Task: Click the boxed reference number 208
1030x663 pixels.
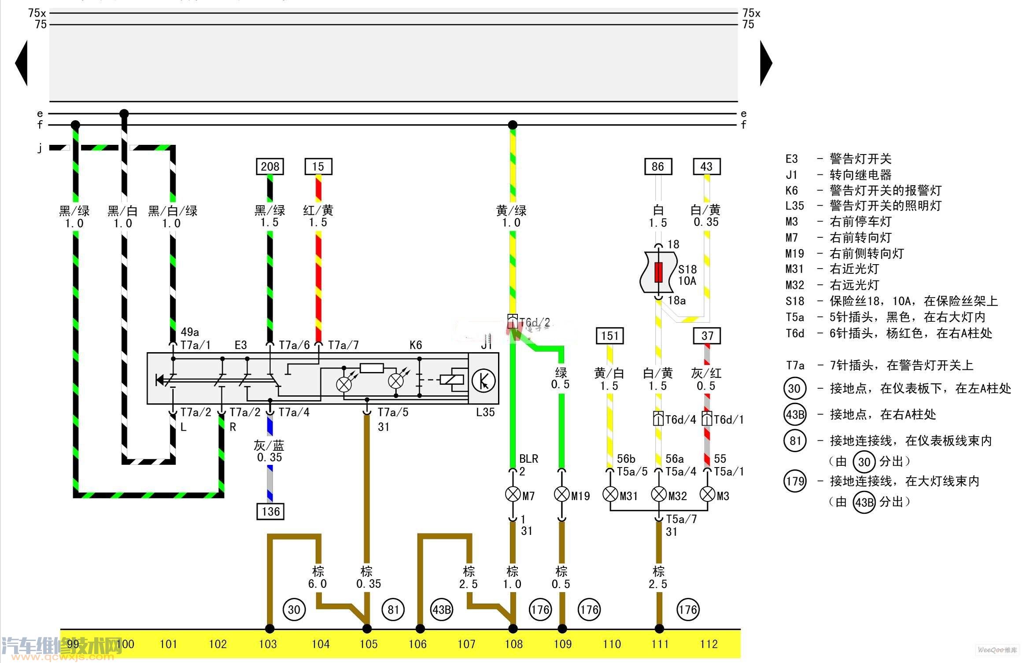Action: pyautogui.click(x=270, y=166)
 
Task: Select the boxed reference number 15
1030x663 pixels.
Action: pyautogui.click(x=318, y=166)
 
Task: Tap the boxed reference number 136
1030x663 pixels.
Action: pyautogui.click(x=270, y=512)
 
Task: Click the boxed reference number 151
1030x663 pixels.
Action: pyautogui.click(x=609, y=336)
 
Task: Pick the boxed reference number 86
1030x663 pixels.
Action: pyautogui.click(x=658, y=166)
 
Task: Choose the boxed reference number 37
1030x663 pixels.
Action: pyautogui.click(x=707, y=336)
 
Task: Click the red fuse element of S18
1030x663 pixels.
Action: pyautogui.click(x=658, y=273)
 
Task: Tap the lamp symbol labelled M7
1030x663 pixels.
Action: pyautogui.click(x=513, y=494)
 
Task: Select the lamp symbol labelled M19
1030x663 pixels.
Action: pyautogui.click(x=561, y=494)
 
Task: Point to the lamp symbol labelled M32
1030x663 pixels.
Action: pyautogui.click(x=658, y=494)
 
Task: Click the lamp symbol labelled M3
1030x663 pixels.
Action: pyautogui.click(x=707, y=494)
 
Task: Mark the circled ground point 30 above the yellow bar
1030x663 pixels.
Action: pyautogui.click(x=294, y=610)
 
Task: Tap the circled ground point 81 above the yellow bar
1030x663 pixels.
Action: pyautogui.click(x=393, y=610)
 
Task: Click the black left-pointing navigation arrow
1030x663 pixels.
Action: pyautogui.click(x=22, y=63)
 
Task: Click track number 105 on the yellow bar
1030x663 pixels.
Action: pyautogui.click(x=369, y=645)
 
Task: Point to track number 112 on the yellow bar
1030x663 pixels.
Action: pyautogui.click(x=709, y=645)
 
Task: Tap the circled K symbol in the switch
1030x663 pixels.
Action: pyautogui.click(x=483, y=381)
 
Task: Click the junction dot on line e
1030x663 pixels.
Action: pyautogui.click(x=124, y=114)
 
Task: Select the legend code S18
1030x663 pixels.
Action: pyautogui.click(x=795, y=301)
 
